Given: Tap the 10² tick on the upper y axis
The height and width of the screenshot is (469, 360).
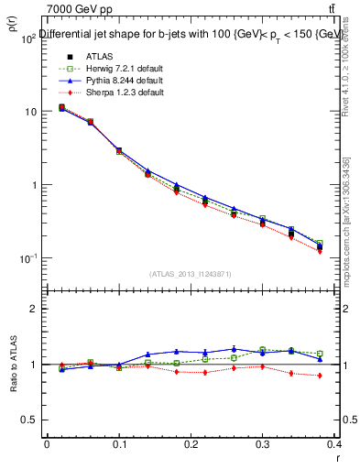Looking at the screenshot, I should pyautogui.click(x=29, y=38).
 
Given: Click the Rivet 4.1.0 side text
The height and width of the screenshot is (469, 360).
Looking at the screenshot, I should pyautogui.click(x=350, y=73).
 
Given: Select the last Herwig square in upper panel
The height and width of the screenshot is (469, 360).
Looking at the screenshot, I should pyautogui.click(x=319, y=244).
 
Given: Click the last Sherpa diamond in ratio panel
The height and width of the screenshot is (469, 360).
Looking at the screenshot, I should pyautogui.click(x=319, y=376).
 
